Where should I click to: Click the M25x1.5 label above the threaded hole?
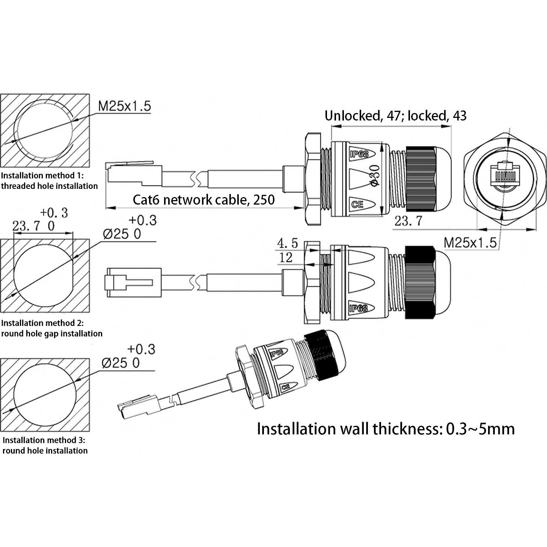(x=124, y=106)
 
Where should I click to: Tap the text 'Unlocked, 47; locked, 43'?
(x=395, y=116)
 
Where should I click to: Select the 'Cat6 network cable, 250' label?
(x=203, y=199)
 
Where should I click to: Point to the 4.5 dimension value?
(x=287, y=243)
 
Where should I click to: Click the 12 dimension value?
(x=286, y=258)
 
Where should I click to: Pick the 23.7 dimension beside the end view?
(x=408, y=221)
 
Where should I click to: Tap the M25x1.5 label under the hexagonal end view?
(x=470, y=243)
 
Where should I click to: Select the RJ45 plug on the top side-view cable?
(x=134, y=173)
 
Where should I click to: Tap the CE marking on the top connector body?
(x=357, y=205)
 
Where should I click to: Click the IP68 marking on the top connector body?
(x=359, y=154)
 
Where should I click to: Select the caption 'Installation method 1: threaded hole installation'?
(x=49, y=181)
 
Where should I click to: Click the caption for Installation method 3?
(x=45, y=445)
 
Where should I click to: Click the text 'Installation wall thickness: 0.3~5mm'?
(x=386, y=429)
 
